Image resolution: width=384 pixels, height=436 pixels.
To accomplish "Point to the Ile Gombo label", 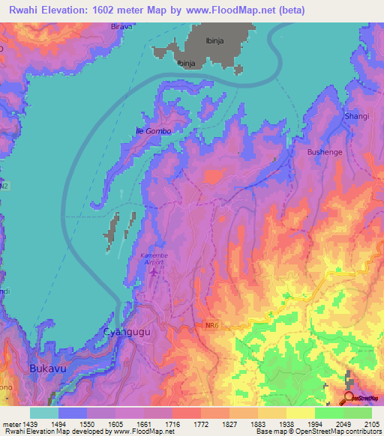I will tap(153, 131).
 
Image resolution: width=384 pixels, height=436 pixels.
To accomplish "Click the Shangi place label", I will tap(356, 116).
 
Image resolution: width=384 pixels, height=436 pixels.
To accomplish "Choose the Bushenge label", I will tap(324, 151).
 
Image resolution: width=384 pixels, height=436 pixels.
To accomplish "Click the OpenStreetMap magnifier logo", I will tap(349, 398).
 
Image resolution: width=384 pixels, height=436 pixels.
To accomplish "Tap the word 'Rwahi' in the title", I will tap(23, 10).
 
